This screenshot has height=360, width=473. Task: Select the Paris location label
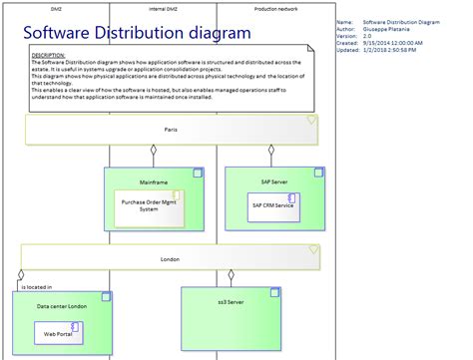pos(172,130)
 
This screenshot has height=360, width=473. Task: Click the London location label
pos(170,258)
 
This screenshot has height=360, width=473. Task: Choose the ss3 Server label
pos(231,301)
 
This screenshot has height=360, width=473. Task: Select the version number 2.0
pos(368,37)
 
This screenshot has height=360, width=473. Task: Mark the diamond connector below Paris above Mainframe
pos(153,152)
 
